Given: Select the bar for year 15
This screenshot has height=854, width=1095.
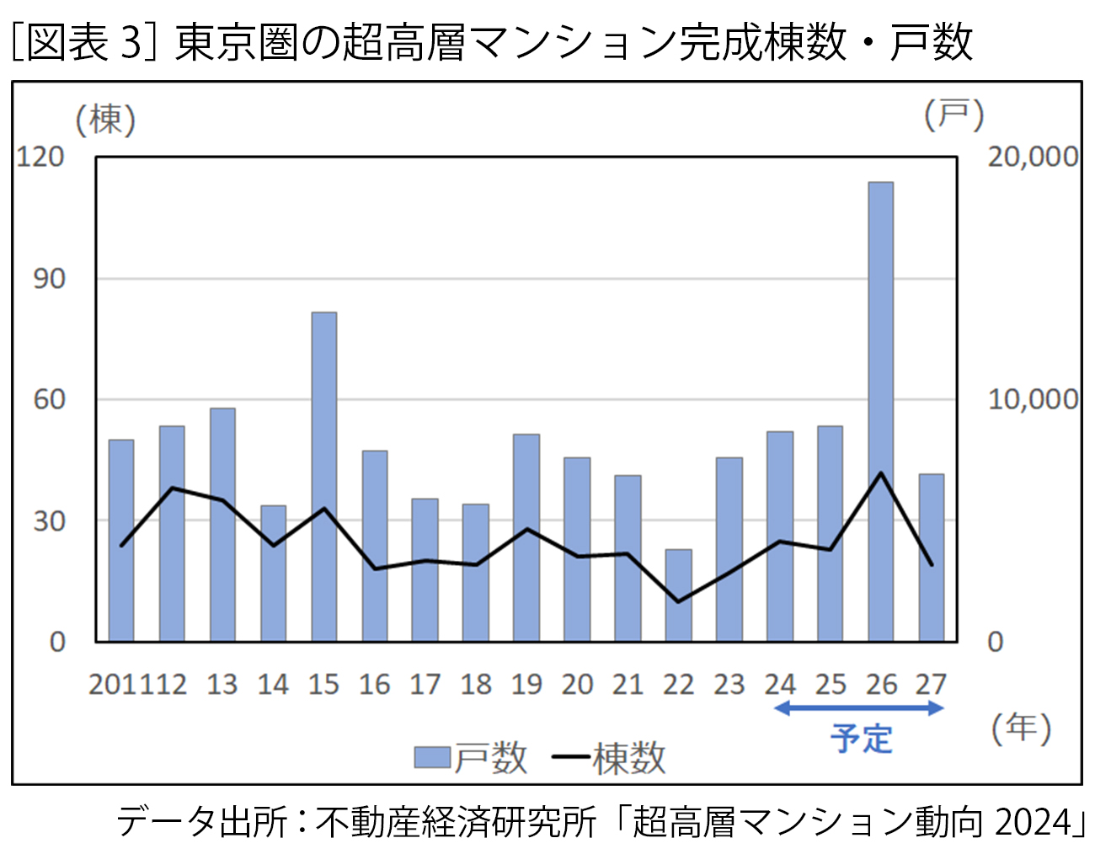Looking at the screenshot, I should [323, 477].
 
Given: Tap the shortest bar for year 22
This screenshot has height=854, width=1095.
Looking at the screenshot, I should [678, 595].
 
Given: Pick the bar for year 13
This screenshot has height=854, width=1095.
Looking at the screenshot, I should [222, 525].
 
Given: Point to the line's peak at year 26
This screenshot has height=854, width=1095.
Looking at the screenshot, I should [880, 473].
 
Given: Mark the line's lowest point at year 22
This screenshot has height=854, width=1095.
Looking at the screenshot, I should [678, 601].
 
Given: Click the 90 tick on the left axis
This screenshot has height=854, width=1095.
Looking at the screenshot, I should [49, 279].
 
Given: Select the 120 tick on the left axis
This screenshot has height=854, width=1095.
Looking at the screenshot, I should [40, 157].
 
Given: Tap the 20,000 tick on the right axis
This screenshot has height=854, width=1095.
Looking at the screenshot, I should [1032, 157].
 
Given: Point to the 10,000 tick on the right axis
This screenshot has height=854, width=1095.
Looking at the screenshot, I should [1032, 399].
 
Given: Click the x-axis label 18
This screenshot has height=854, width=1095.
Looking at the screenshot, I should [476, 685].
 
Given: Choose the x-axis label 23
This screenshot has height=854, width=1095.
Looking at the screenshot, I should [729, 685].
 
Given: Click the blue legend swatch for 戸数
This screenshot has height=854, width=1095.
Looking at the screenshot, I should [432, 758].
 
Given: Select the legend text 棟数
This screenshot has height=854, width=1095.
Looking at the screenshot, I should [628, 759].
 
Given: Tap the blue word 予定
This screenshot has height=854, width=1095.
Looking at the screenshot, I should [861, 739].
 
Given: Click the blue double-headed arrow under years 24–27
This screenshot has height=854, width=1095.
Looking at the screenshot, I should [858, 708].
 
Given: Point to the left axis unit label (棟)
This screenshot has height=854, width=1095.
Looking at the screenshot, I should [106, 120].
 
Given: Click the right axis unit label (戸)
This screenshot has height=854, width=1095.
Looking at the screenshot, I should [953, 115].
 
